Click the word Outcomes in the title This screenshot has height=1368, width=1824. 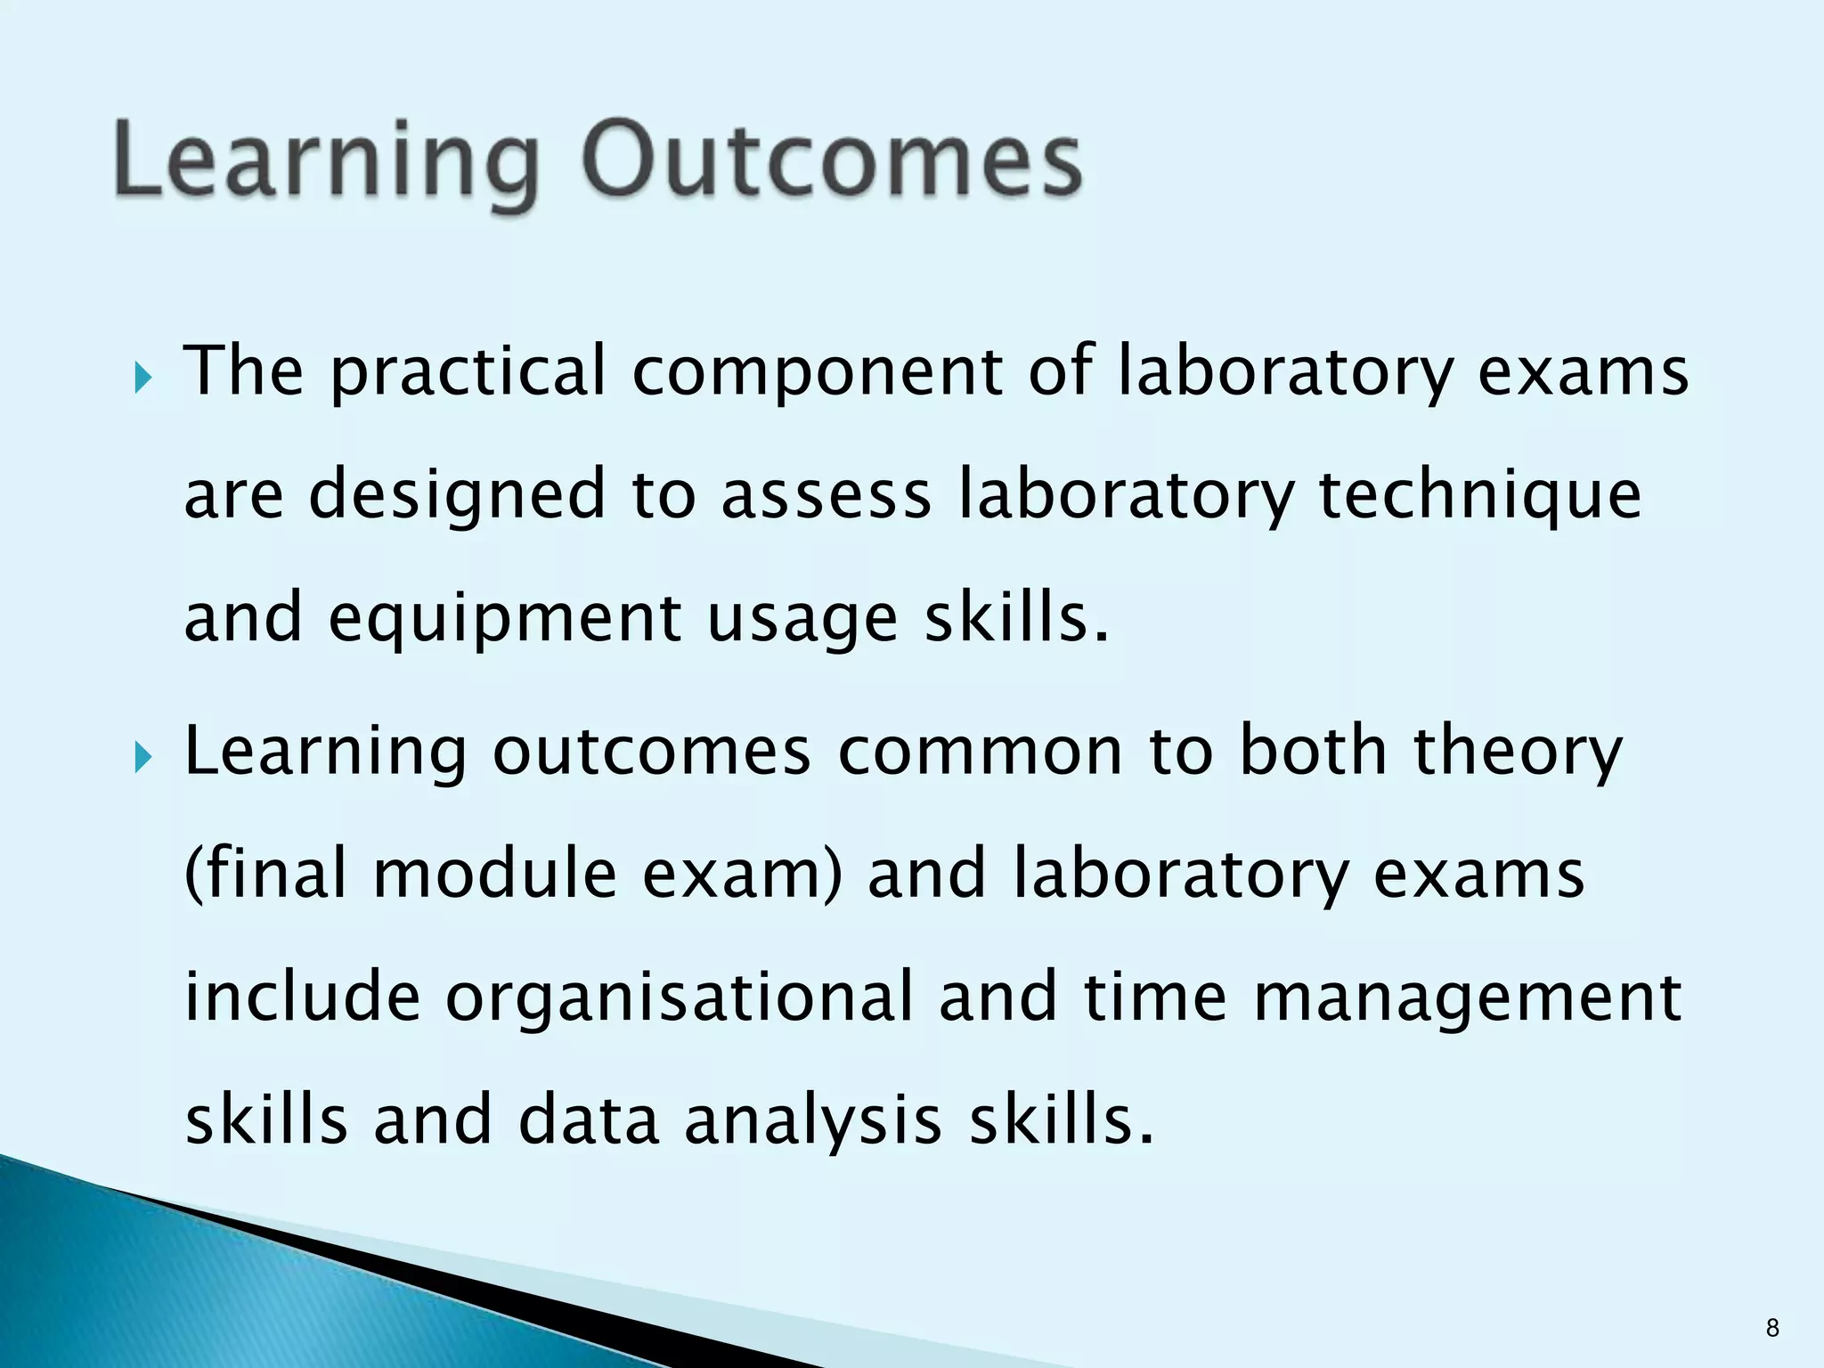[832, 161]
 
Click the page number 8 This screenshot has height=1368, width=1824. [1771, 1328]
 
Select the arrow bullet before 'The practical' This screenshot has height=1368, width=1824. [143, 379]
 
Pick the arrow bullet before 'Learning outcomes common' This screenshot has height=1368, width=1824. [143, 759]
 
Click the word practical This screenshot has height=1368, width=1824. [468, 372]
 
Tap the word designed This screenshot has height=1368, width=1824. [457, 496]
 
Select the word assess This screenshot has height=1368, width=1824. [826, 496]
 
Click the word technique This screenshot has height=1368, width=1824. [1479, 496]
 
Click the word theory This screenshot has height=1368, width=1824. [1519, 753]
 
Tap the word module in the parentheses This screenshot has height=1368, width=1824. [494, 874]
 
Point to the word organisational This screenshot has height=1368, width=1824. [680, 997]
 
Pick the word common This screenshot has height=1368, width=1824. [980, 753]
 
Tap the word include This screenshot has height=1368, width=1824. [302, 997]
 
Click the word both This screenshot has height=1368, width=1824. [1313, 753]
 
